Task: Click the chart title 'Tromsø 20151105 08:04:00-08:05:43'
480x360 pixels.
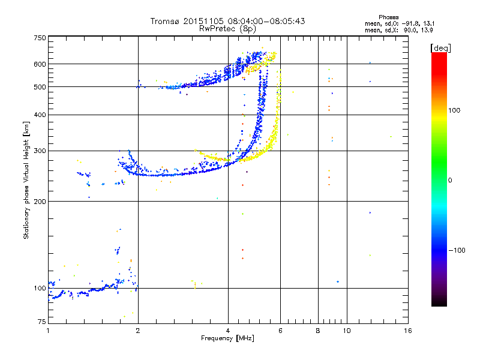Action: pyautogui.click(x=227, y=21)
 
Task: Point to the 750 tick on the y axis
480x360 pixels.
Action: pyautogui.click(x=40, y=38)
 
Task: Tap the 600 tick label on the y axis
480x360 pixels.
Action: pyautogui.click(x=40, y=64)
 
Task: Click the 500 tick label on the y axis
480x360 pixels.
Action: pyautogui.click(x=40, y=86)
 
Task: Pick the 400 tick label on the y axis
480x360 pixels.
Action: pyautogui.click(x=40, y=115)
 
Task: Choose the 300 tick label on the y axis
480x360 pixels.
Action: pyautogui.click(x=40, y=151)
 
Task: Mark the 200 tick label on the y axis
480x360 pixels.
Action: pyautogui.click(x=40, y=201)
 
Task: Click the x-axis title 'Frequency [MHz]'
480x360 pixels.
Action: pyautogui.click(x=227, y=338)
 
